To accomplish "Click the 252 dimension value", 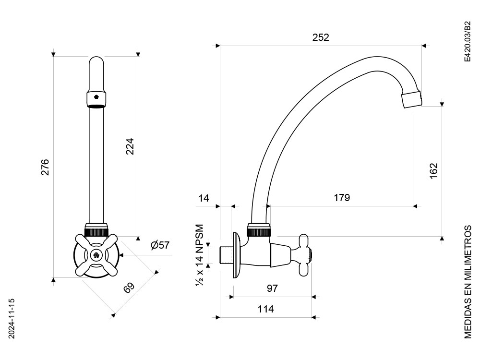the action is tap(321, 37).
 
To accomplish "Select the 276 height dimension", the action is tap(45, 167).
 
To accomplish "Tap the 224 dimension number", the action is tap(130, 146).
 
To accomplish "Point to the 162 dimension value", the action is tap(434, 171).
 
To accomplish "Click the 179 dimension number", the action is tap(342, 198).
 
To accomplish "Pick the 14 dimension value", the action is tap(204, 198).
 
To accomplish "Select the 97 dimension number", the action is tap(272, 288).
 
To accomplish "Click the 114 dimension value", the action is tap(265, 309).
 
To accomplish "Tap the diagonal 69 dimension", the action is tap(129, 288).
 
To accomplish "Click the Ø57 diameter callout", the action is tap(160, 245).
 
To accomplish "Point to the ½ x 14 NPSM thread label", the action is tap(200, 255).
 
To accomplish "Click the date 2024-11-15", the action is tap(12, 319).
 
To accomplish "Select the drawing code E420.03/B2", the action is tap(467, 42).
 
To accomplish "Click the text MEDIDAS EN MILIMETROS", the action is tap(468, 282).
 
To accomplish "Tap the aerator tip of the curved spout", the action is tap(411, 99).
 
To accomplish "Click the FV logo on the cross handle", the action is tap(96, 255).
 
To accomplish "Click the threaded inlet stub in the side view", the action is tap(227, 255).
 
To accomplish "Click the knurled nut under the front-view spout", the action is tap(96, 229).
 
